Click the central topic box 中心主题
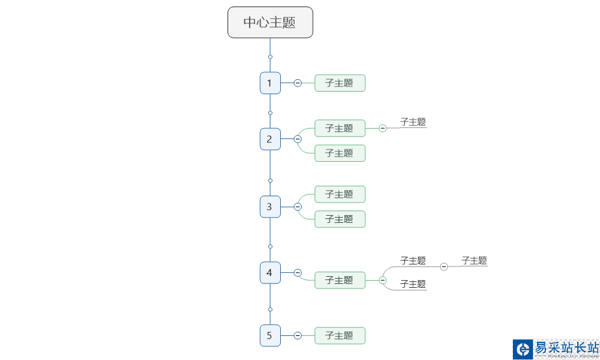click(270, 22)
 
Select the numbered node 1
click(270, 83)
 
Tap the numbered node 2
click(270, 139)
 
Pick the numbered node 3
click(270, 207)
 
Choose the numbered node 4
click(270, 273)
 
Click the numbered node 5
click(270, 335)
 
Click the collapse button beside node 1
click(298, 83)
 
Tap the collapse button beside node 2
click(298, 139)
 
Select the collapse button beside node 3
click(298, 207)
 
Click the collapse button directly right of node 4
click(298, 273)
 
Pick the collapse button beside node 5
click(298, 335)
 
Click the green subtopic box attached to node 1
click(339, 83)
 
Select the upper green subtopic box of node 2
click(339, 128)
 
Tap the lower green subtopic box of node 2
click(339, 153)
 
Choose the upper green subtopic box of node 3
click(339, 194)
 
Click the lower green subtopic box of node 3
click(339, 219)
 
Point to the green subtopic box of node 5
click(339, 335)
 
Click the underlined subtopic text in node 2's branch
click(413, 122)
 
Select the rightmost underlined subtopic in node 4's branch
click(474, 261)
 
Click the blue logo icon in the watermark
click(522, 349)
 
